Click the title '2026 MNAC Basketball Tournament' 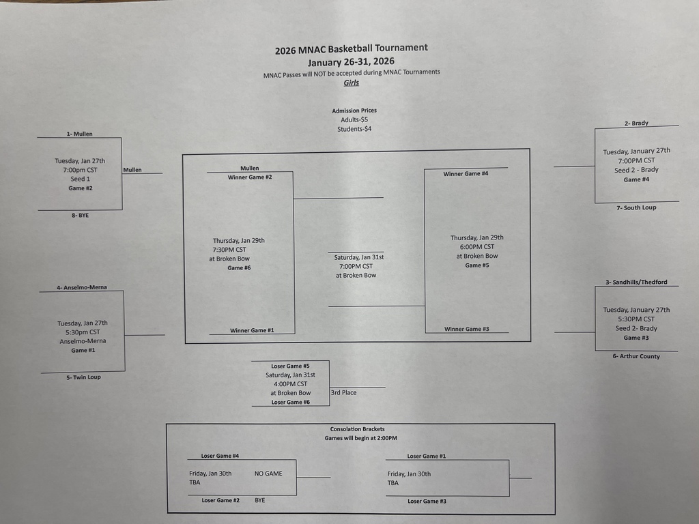pos(352,49)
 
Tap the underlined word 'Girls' pos(352,83)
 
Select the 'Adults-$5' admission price pos(354,119)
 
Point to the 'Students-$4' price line pos(354,129)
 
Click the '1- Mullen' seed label pos(79,134)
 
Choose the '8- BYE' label pos(79,215)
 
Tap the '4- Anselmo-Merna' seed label pos(81,287)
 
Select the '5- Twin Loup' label pos(83,377)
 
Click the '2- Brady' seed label pos(636,123)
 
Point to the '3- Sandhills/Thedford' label pos(636,282)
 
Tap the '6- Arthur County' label pos(640,356)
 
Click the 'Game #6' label pos(239,267)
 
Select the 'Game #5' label pos(477,265)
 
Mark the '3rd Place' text pos(343,392)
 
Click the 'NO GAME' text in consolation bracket pos(268,474)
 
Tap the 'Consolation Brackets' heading pos(357,429)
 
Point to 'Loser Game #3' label pos(427,501)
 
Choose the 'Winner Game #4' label pos(466,173)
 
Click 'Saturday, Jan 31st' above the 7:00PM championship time pos(359,257)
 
